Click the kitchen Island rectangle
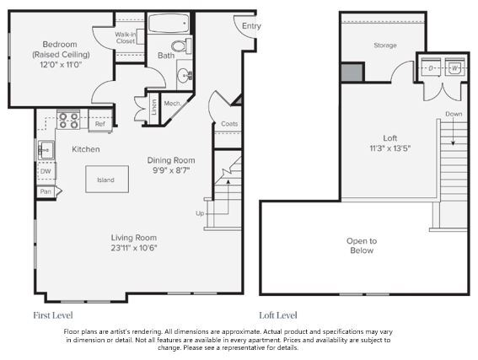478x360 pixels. [x=106, y=179]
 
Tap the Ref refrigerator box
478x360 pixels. [x=100, y=125]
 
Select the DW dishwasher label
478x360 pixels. [x=45, y=171]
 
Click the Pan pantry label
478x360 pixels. [x=45, y=192]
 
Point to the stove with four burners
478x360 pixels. [x=68, y=121]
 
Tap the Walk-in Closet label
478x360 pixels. [x=126, y=36]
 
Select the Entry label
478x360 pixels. [x=251, y=26]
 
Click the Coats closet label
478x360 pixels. [x=228, y=124]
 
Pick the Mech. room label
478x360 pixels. [x=174, y=105]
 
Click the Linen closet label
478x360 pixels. [x=153, y=108]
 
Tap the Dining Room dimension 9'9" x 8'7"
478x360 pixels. [x=171, y=169]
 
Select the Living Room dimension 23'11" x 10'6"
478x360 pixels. [x=134, y=247]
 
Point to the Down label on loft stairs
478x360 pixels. [x=454, y=113]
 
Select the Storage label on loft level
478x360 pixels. [x=384, y=46]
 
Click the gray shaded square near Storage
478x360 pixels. [x=352, y=72]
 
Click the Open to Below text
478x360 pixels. [x=362, y=245]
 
